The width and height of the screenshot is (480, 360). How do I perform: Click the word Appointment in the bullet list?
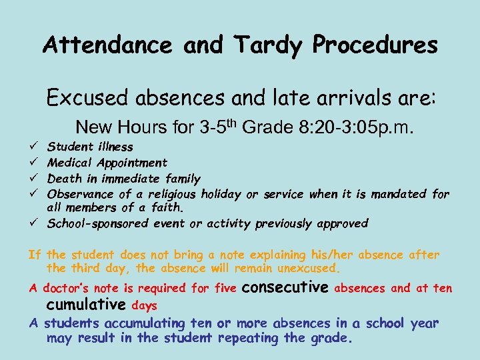[132, 163]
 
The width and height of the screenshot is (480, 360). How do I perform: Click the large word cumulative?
[86, 305]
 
